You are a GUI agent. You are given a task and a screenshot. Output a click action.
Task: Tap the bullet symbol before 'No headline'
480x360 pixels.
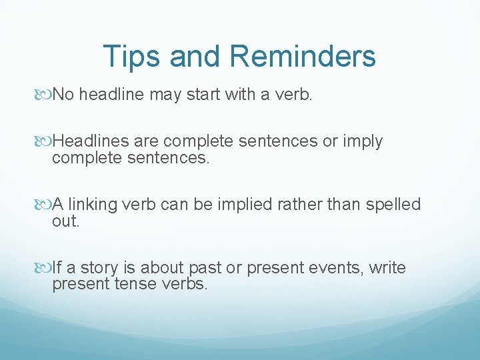[44, 95]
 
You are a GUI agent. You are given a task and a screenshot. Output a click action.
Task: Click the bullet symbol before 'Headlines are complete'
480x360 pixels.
[44, 142]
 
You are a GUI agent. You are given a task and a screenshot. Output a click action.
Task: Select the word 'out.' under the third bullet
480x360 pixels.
[65, 221]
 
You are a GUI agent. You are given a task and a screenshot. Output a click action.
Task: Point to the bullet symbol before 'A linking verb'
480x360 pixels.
[44, 205]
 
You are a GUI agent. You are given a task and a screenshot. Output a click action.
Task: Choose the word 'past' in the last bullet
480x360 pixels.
[204, 267]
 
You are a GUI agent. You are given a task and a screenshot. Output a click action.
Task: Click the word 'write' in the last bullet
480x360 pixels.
[386, 267]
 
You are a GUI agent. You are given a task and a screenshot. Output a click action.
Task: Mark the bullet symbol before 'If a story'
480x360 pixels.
[44, 268]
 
